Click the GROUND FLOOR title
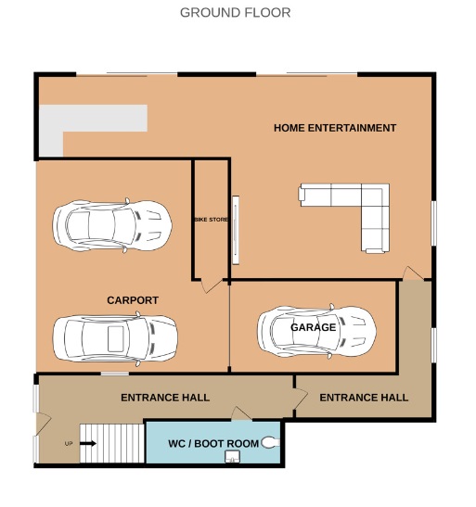pyautogui.click(x=236, y=13)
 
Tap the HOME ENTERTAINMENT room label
pyautogui.click(x=335, y=128)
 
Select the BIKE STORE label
pyautogui.click(x=211, y=220)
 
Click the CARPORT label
pyautogui.click(x=133, y=300)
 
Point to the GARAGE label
pyautogui.click(x=314, y=327)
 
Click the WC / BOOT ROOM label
pyautogui.click(x=213, y=443)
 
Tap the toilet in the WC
pyautogui.click(x=270, y=442)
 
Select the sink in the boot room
pyautogui.click(x=232, y=457)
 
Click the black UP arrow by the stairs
pyautogui.click(x=88, y=443)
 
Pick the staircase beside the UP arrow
pyautogui.click(x=112, y=443)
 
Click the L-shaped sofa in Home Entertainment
pyautogui.click(x=375, y=196)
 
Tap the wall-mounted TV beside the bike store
pyautogui.click(x=236, y=230)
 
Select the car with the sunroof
pyautogui.click(x=115, y=338)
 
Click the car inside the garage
pyautogui.click(x=316, y=331)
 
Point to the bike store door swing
pyautogui.click(x=211, y=285)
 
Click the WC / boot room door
pyautogui.click(x=240, y=413)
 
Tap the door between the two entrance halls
pyautogui.click(x=301, y=399)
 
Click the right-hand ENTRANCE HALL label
pyautogui.click(x=364, y=398)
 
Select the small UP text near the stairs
pyautogui.click(x=69, y=444)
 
